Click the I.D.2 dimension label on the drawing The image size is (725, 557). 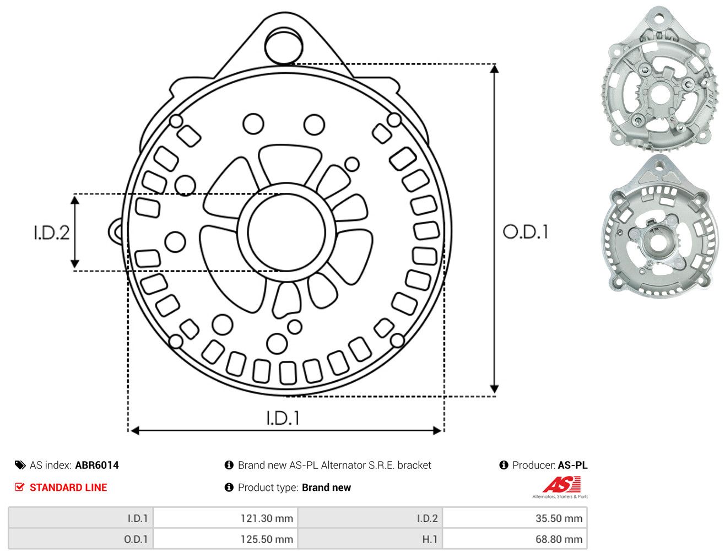(52, 233)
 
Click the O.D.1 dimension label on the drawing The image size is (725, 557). (526, 232)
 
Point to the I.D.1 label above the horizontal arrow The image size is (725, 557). (283, 418)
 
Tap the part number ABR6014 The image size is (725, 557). (97, 466)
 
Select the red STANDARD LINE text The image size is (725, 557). (68, 488)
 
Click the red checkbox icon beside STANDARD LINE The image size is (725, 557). (20, 487)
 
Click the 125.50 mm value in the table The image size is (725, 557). (267, 539)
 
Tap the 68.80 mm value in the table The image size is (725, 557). (559, 539)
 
